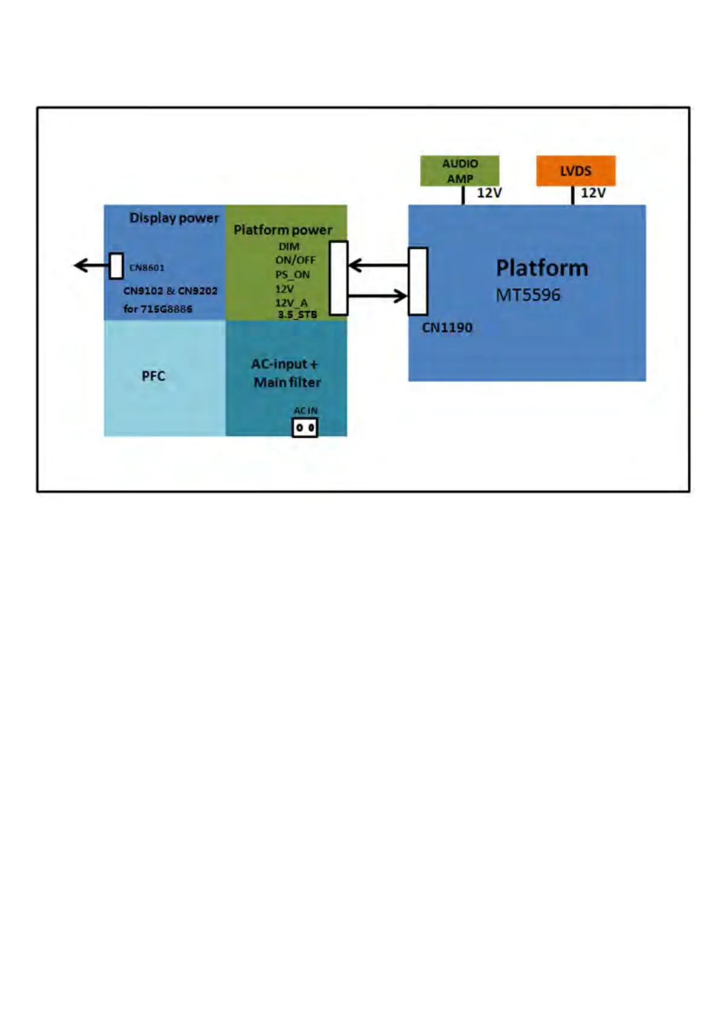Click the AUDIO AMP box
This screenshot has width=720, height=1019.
(x=459, y=171)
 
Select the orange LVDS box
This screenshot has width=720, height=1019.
(x=576, y=171)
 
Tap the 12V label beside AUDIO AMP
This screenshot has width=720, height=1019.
(x=489, y=193)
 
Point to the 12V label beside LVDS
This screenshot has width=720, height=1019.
(x=593, y=193)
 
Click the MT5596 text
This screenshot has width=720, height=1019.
(x=528, y=295)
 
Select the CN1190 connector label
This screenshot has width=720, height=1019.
(x=447, y=328)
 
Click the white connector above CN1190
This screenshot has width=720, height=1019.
(x=418, y=281)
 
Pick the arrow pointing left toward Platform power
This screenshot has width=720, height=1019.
(x=378, y=265)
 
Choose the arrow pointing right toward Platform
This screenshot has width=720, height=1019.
(x=378, y=296)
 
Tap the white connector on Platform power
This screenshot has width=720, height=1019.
(x=339, y=278)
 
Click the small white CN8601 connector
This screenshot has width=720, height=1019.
(x=116, y=266)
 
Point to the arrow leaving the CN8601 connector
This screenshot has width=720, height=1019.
(x=91, y=265)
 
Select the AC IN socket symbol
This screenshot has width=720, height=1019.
(x=305, y=428)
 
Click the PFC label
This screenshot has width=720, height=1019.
(x=153, y=376)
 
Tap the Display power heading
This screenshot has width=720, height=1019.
(x=174, y=218)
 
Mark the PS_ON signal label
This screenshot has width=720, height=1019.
(x=293, y=275)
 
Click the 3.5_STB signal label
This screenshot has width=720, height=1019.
(x=297, y=314)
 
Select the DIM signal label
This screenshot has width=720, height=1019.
(x=289, y=247)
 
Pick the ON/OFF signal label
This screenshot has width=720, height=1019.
(x=296, y=260)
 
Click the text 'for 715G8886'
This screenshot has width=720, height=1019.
(x=158, y=309)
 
